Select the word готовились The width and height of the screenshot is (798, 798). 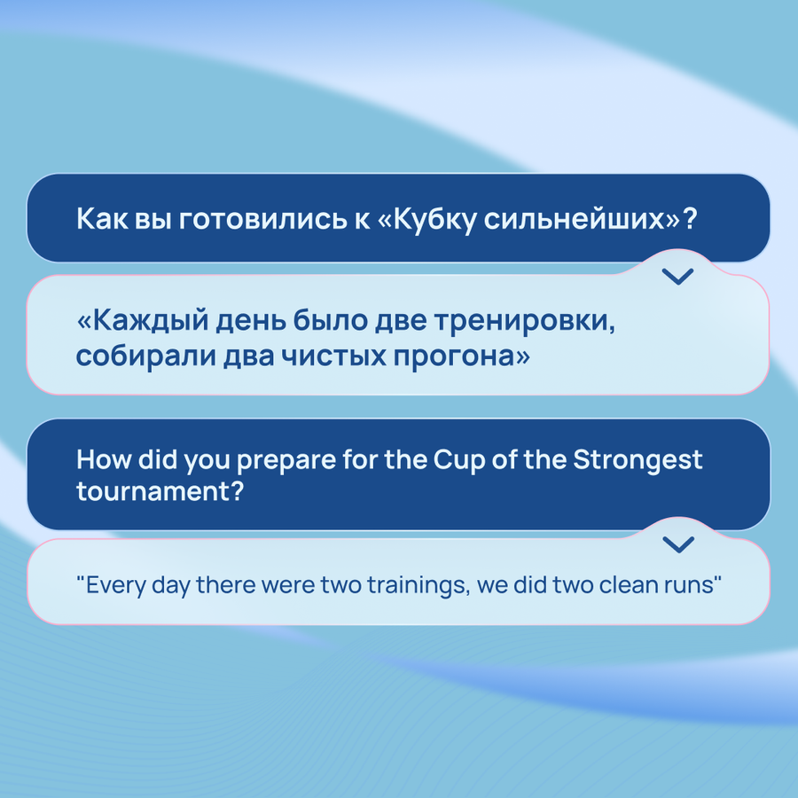263,219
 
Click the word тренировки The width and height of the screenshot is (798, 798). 524,321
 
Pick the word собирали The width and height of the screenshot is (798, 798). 145,356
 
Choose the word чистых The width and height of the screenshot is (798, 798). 333,356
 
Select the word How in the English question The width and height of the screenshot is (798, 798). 105,459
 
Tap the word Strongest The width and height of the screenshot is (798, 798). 638,460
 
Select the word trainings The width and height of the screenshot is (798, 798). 418,585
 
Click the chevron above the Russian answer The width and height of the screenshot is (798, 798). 678,277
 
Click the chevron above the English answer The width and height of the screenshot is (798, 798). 678,544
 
